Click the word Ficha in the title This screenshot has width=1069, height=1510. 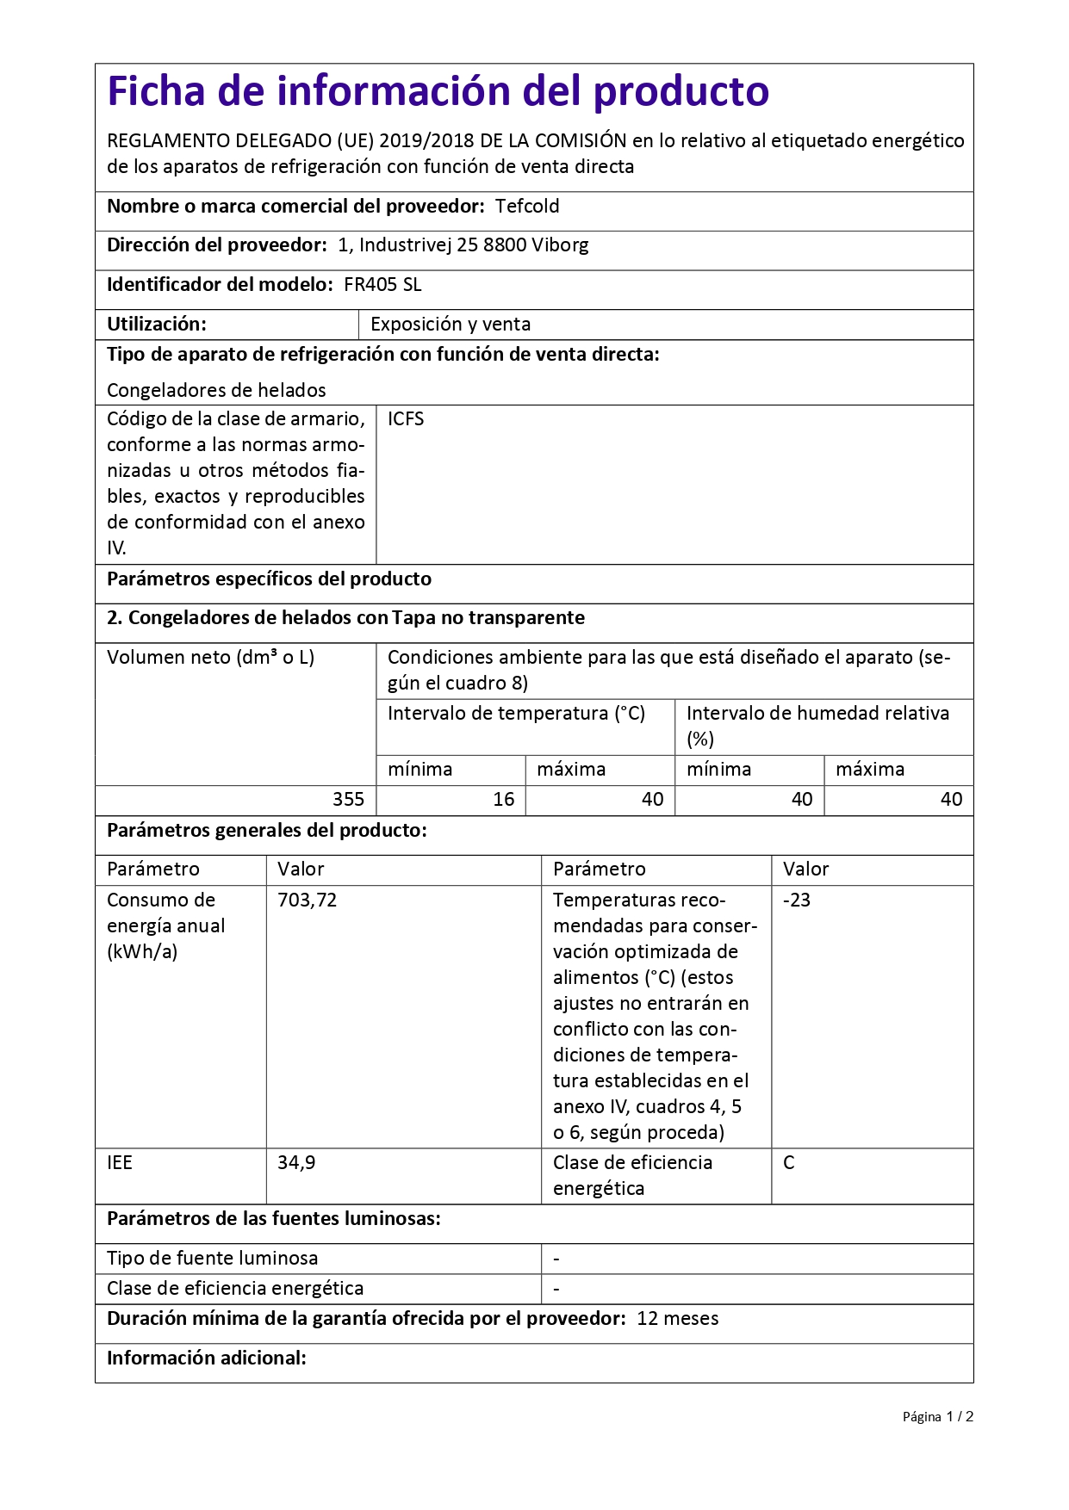click(156, 91)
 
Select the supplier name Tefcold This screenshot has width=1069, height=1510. click(527, 207)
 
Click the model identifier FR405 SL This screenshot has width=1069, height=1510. click(382, 285)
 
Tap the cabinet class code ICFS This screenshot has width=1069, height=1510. click(406, 419)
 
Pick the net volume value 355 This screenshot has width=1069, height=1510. click(348, 800)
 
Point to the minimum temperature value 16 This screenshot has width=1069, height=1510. click(503, 800)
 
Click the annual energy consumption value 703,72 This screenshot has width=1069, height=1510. click(307, 900)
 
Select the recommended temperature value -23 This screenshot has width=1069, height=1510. click(797, 900)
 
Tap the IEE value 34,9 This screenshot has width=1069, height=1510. click(296, 1163)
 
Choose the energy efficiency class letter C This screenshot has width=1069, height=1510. click(789, 1163)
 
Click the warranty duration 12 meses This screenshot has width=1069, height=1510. click(677, 1319)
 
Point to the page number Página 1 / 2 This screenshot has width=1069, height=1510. click(937, 1417)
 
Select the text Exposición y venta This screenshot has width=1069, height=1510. click(451, 325)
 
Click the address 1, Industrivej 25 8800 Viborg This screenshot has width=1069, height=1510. click(463, 245)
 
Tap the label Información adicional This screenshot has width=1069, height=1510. click(207, 1358)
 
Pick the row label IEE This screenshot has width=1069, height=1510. click(120, 1163)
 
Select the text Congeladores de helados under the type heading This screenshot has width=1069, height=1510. click(216, 391)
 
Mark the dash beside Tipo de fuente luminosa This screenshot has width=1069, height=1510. click(556, 1259)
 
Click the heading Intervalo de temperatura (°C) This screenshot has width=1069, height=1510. click(516, 714)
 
